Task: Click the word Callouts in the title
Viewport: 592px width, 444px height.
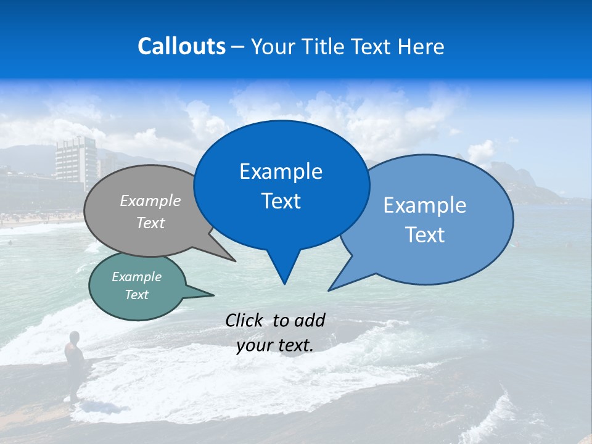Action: [x=181, y=46]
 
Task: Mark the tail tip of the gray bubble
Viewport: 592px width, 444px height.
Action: [x=235, y=261]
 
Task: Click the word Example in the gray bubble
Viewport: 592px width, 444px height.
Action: [x=150, y=200]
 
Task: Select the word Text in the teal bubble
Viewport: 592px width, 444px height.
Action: [x=136, y=295]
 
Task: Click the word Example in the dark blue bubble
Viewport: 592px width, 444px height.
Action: [x=281, y=171]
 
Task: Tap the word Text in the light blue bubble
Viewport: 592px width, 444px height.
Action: [x=425, y=235]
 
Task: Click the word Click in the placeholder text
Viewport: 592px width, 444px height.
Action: [x=245, y=320]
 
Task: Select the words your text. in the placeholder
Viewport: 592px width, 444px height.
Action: [x=274, y=345]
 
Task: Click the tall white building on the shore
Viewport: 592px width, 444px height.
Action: [x=77, y=162]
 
